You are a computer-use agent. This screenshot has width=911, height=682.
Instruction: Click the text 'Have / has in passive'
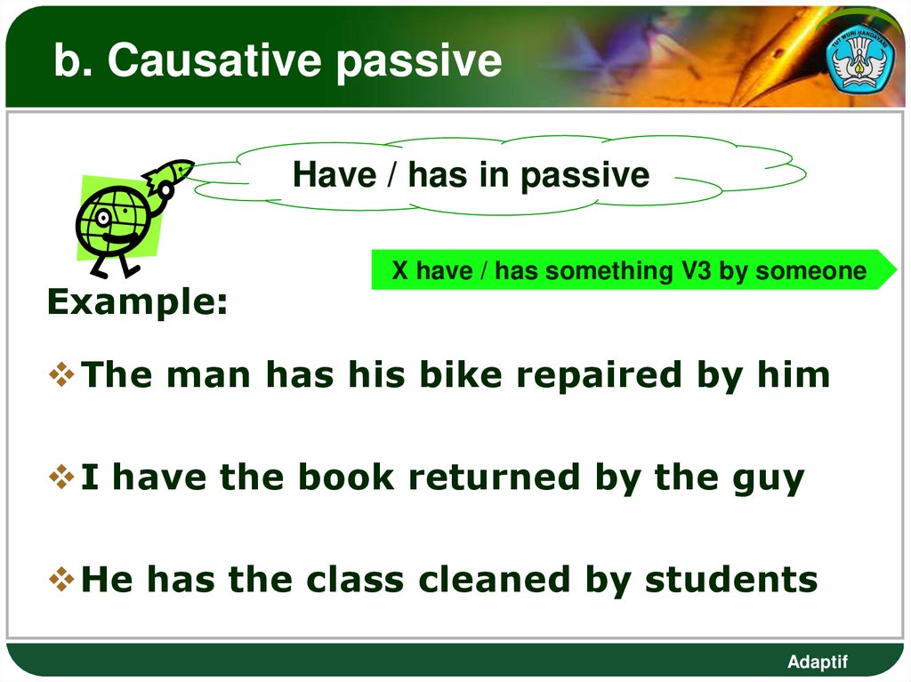[x=471, y=175]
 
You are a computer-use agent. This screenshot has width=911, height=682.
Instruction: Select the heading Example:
[x=137, y=302]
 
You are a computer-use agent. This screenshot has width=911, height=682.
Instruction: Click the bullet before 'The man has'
[x=62, y=375]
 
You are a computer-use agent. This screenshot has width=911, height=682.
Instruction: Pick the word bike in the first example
[x=468, y=375]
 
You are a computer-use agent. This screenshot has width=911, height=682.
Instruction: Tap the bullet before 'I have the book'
[x=62, y=478]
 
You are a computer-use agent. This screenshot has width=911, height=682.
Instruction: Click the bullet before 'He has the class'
[x=62, y=580]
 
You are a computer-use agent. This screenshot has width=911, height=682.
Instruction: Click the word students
[x=730, y=580]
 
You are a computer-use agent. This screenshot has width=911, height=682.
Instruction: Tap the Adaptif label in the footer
[x=818, y=662]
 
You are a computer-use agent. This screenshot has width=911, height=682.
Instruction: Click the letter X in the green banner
[x=399, y=271]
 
